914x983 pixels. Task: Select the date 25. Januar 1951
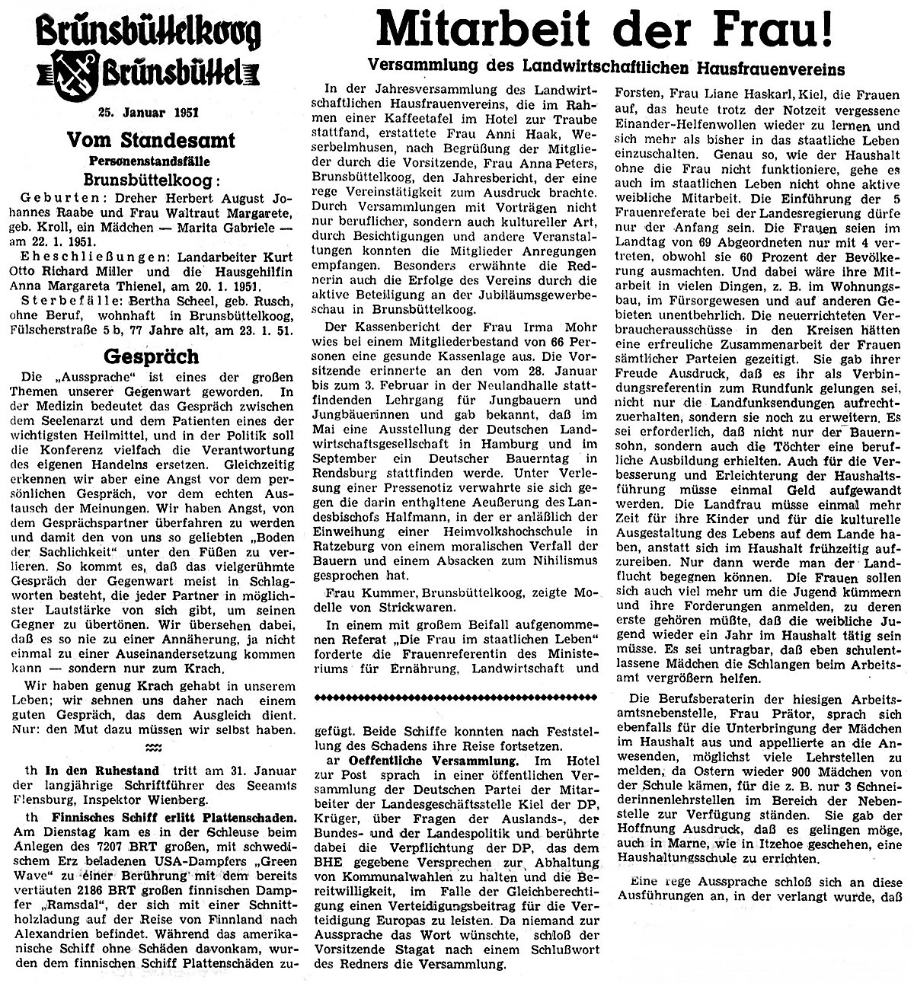point(149,113)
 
